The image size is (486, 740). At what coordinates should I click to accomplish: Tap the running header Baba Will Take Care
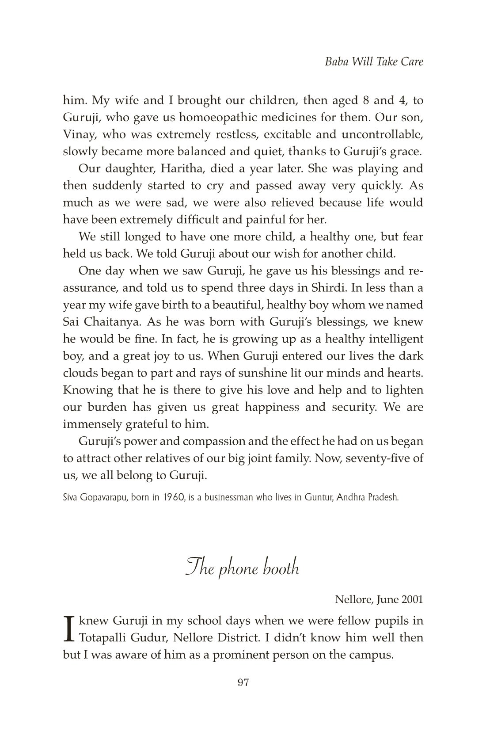(374, 61)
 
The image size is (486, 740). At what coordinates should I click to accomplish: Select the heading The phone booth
(243, 567)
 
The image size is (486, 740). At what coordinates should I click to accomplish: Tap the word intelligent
(389, 339)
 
